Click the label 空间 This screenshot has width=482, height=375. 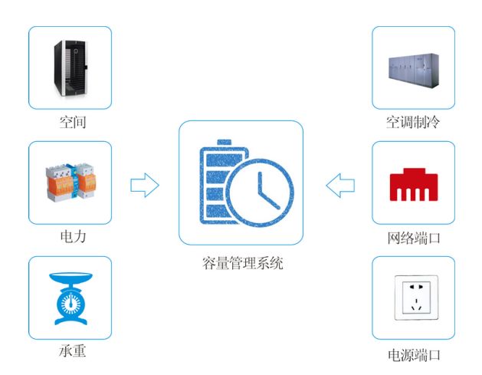[x=72, y=123]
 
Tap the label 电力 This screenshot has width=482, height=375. [x=72, y=237]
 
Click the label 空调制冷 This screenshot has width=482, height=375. [x=412, y=123]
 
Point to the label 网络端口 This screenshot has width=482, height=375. [x=414, y=238]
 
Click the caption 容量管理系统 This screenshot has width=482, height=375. [x=243, y=264]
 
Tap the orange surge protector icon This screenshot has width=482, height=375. [x=70, y=183]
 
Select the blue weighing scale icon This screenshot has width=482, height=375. [x=70, y=298]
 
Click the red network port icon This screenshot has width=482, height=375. [x=412, y=185]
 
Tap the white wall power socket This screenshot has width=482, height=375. [x=414, y=298]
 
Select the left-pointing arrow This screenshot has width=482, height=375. [x=340, y=185]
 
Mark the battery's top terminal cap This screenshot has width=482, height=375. [x=224, y=142]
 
